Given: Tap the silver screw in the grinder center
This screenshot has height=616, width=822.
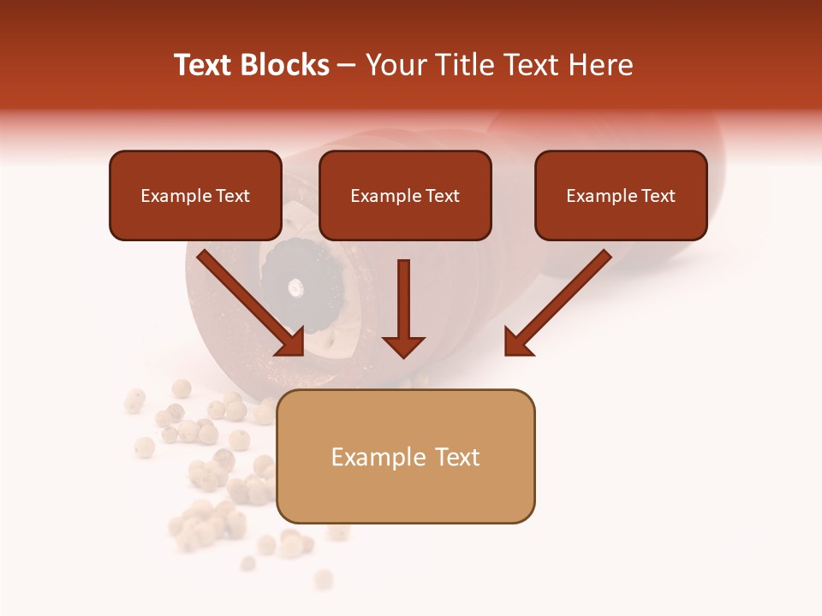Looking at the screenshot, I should click(295, 287).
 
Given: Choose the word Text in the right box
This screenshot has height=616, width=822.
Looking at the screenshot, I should click(658, 196).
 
